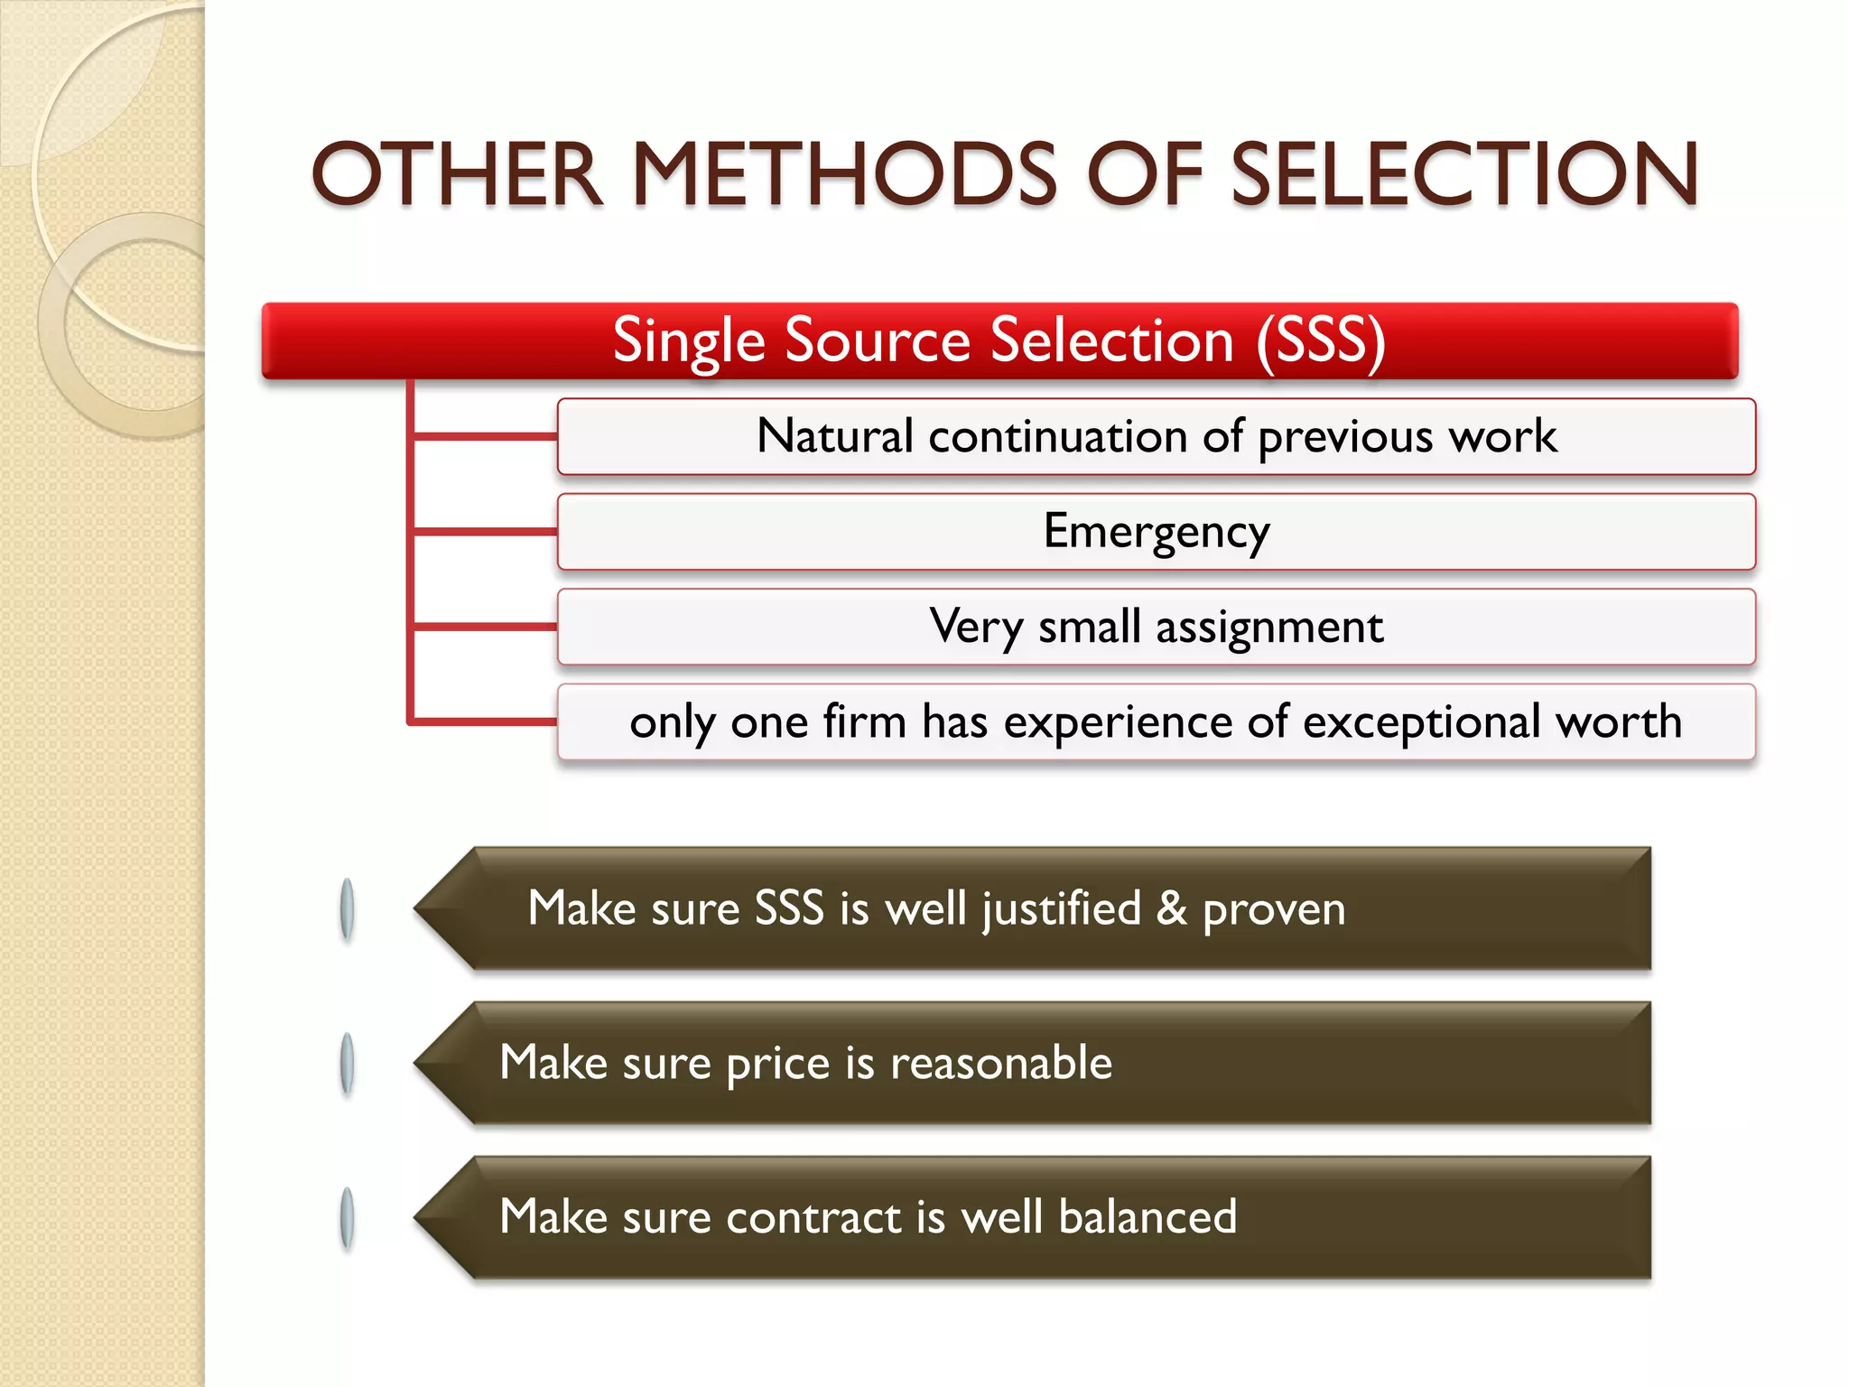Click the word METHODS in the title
tap(843, 174)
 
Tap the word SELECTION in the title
tap(1464, 174)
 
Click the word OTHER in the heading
tap(457, 174)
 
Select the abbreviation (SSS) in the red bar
tap(1320, 341)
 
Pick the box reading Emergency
tap(1156, 532)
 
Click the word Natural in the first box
tap(835, 436)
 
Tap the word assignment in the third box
tap(1268, 627)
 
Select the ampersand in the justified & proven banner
tap(1171, 908)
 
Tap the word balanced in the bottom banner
tap(1147, 1217)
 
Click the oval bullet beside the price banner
tap(347, 1064)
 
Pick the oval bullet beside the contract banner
tap(347, 1218)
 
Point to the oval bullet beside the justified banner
tap(347, 909)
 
